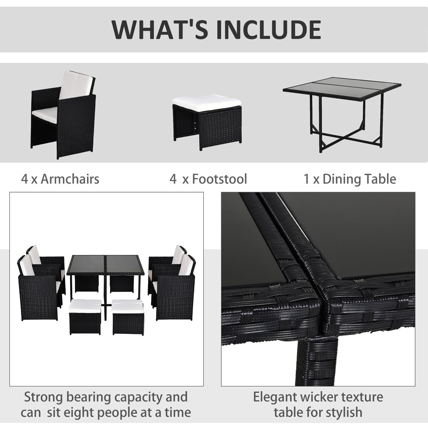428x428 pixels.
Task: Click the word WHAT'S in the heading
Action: coord(156,29)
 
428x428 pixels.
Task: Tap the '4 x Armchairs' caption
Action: coord(60,178)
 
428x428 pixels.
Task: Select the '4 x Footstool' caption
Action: coord(208,178)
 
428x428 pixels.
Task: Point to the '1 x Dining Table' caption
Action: coord(350,178)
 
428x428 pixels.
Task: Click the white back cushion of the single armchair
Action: coord(76,85)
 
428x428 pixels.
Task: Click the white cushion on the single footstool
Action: coord(207,103)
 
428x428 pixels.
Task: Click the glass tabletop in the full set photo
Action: coord(105,265)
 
